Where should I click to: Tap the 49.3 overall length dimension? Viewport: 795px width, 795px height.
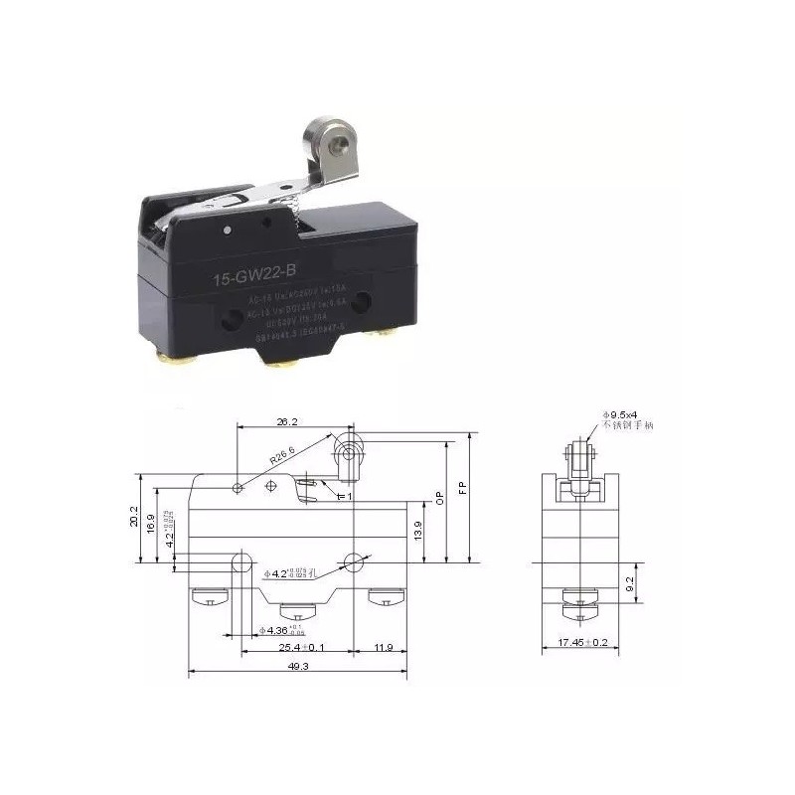point(298,668)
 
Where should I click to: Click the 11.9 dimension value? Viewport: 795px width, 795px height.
point(384,647)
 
